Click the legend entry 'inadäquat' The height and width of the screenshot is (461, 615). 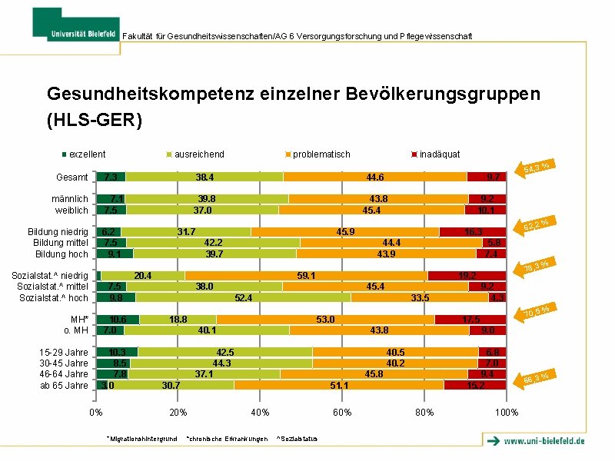point(439,154)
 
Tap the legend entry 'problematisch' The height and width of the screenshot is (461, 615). point(321,154)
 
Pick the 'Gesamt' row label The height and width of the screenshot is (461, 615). point(71,177)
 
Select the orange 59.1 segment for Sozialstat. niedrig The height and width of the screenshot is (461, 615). point(306,275)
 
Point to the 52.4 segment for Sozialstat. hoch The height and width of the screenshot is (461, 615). point(243,297)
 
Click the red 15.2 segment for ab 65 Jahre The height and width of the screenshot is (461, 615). point(475,385)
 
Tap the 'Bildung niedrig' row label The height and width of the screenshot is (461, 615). point(58,232)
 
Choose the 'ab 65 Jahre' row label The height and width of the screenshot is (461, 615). point(64,385)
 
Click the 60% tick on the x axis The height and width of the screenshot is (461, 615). point(342,413)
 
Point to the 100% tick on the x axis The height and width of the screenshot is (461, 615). point(507,413)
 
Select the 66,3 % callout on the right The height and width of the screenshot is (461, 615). point(537,376)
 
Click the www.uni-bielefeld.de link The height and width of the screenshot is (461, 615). point(544,441)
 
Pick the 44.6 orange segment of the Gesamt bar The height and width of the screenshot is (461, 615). point(375,177)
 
